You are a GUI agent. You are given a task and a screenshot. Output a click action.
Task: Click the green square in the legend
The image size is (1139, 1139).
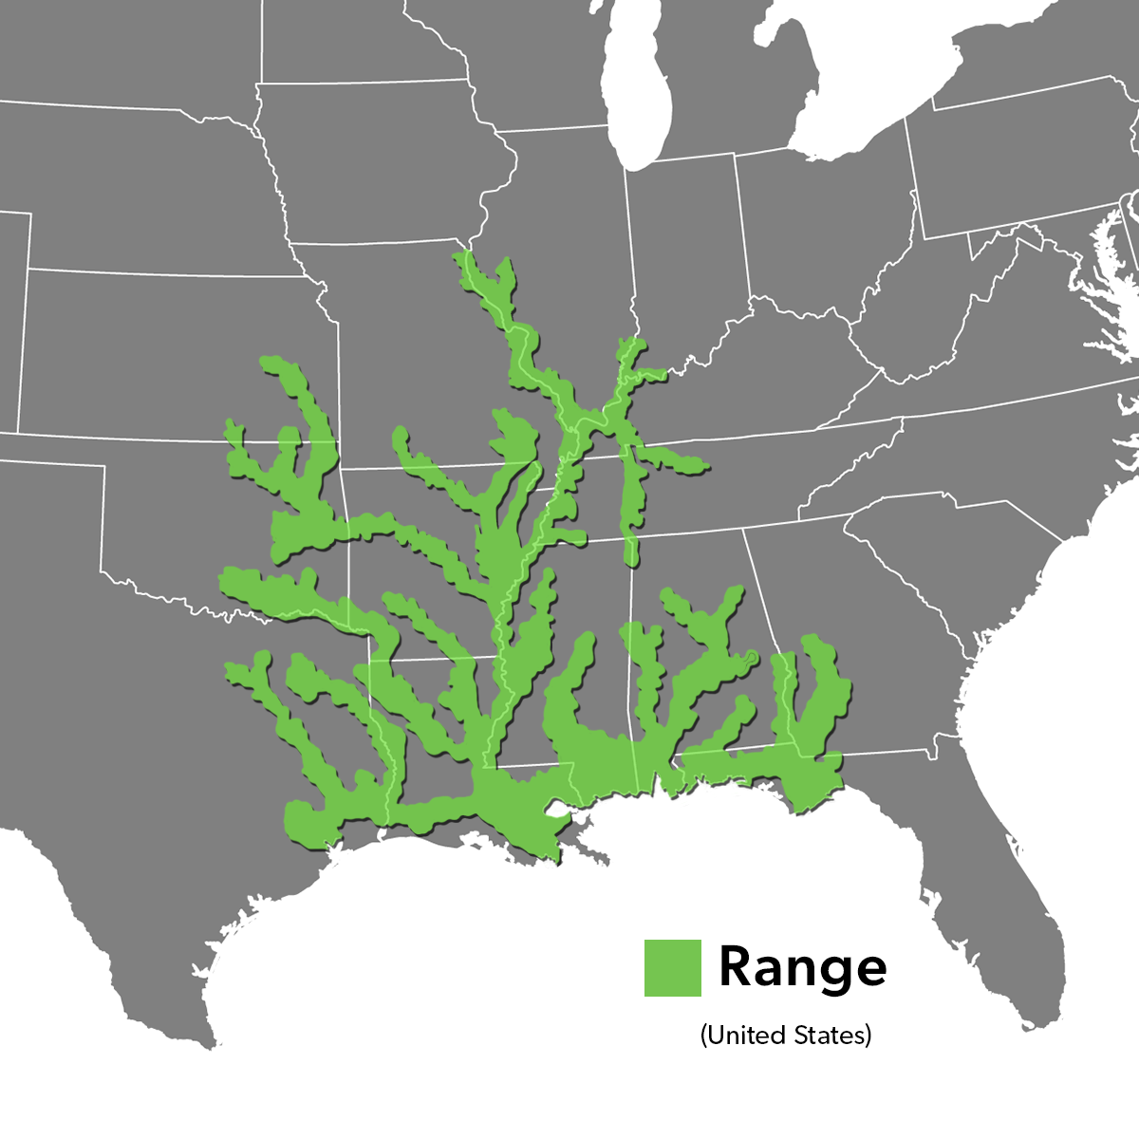[672, 967]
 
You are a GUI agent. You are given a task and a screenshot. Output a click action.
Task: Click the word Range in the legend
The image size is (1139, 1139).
[803, 967]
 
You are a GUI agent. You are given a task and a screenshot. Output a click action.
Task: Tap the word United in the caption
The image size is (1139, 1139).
[746, 1034]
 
